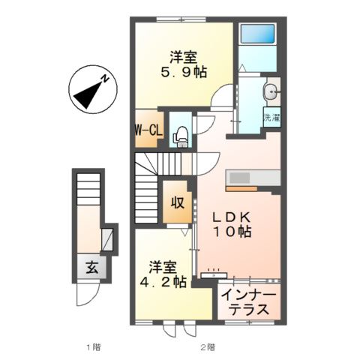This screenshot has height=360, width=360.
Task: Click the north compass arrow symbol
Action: (x=91, y=88)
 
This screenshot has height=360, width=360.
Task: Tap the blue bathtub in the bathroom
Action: (x=257, y=33)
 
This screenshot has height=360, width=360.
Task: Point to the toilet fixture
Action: (x=179, y=133)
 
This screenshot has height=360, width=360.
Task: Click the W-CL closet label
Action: (x=149, y=130)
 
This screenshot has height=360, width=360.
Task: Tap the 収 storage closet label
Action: (x=178, y=202)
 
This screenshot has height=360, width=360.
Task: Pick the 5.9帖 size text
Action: (x=184, y=72)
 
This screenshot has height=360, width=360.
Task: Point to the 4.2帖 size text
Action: (x=162, y=283)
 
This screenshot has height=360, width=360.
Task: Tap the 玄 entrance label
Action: (x=90, y=266)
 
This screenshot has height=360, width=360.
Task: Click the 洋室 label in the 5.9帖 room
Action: (x=184, y=55)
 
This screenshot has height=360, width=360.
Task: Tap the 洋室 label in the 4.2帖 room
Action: (x=162, y=266)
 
